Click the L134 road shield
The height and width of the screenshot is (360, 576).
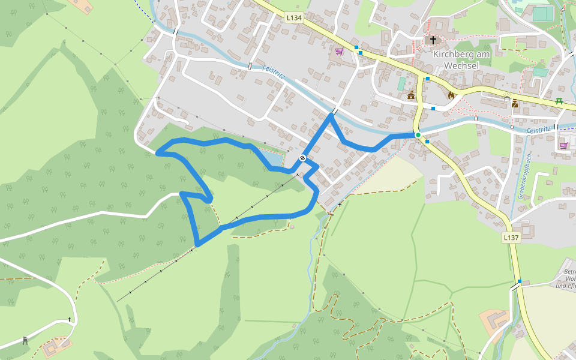click(294, 18)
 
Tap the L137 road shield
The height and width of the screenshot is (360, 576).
click(511, 238)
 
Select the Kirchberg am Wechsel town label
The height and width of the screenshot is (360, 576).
click(461, 59)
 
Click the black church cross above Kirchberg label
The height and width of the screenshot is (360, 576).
click(433, 40)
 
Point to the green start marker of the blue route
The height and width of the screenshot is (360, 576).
click(418, 135)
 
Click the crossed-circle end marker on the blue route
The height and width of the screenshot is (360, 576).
click(303, 158)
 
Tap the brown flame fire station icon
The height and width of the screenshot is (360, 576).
click(451, 95)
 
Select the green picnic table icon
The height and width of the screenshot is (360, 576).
click(559, 101)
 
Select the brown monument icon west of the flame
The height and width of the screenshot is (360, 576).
click(411, 95)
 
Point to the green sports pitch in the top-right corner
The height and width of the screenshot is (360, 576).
click(542, 13)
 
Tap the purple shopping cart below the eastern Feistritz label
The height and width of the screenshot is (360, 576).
click(563, 145)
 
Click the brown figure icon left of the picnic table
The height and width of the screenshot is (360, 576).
click(515, 103)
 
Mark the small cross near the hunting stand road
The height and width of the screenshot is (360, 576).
click(69, 320)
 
